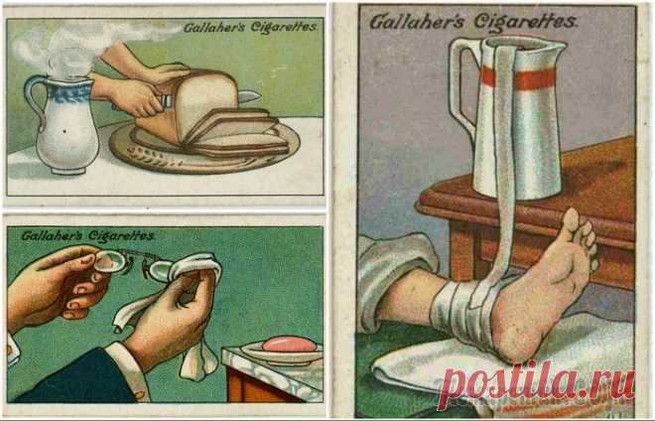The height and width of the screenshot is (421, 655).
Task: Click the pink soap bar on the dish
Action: [x=288, y=345]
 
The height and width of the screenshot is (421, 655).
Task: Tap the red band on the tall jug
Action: [x=520, y=77]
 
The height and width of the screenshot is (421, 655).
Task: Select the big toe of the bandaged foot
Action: [x=571, y=220]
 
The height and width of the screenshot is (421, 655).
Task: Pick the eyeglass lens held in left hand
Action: [x=110, y=262]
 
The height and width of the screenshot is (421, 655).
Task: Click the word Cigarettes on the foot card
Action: [x=525, y=22]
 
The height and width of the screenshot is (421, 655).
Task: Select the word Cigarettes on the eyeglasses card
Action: [x=121, y=236]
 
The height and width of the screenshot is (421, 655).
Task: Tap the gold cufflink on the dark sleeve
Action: [x=139, y=394]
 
